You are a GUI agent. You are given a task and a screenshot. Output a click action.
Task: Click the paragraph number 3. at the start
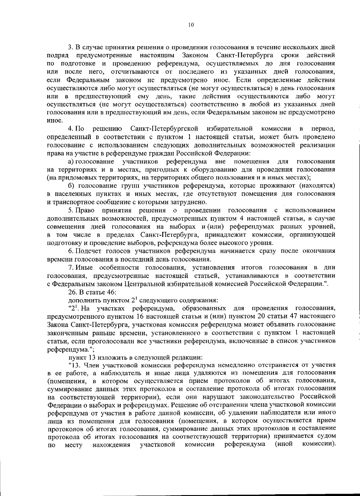[70, 47]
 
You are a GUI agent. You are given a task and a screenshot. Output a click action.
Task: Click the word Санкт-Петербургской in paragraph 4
[164, 129]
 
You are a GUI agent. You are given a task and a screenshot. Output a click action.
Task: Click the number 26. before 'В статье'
[73, 292]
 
